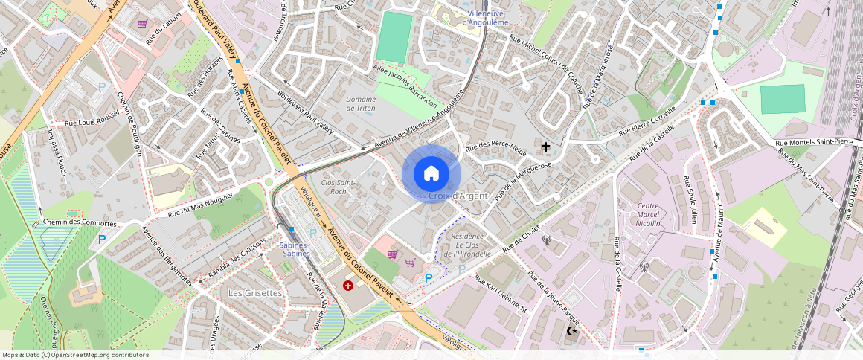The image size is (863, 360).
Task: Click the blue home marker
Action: [x=431, y=174]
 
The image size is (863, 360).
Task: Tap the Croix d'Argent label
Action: [x=458, y=196]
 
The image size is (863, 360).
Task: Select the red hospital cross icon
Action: [x=348, y=286]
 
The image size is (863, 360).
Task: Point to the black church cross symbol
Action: [x=547, y=147]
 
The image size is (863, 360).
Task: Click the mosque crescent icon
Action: [x=571, y=330]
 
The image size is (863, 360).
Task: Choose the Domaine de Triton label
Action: [x=361, y=104]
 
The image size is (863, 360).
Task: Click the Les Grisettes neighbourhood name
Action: [x=254, y=293]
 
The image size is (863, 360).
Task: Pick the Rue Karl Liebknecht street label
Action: [x=506, y=293]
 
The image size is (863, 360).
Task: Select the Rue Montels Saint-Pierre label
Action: [x=813, y=142]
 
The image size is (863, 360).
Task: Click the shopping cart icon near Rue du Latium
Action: [x=141, y=25]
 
